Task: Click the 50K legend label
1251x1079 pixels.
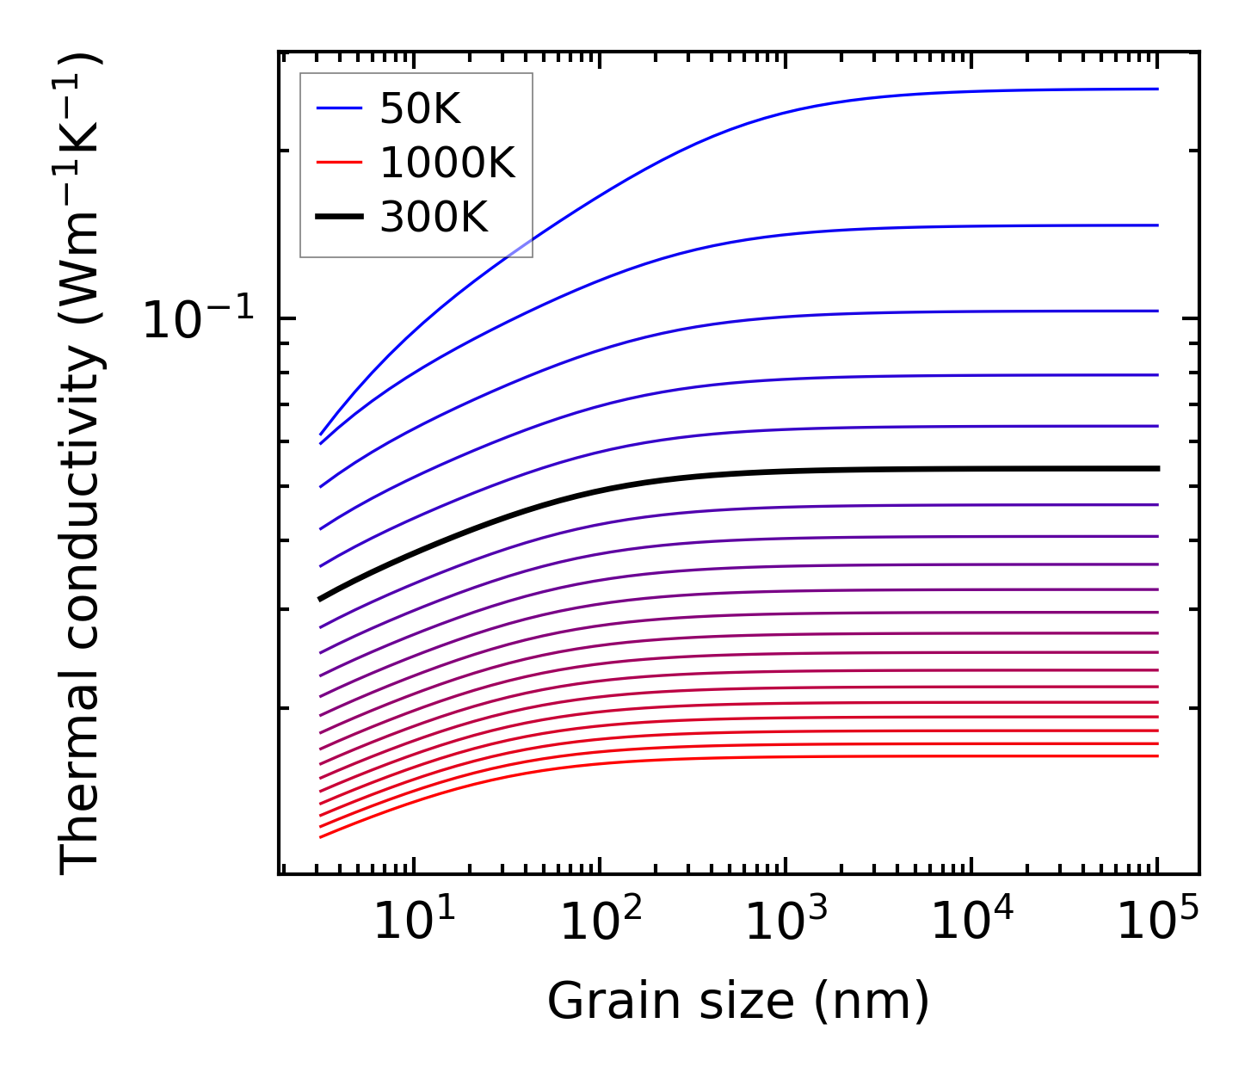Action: pyautogui.click(x=420, y=108)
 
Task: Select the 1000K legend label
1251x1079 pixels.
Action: pyautogui.click(x=447, y=163)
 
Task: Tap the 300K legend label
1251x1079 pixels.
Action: pyautogui.click(x=434, y=218)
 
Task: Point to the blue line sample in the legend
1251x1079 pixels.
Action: pyautogui.click(x=340, y=108)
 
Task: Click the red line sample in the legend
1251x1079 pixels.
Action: pyautogui.click(x=340, y=163)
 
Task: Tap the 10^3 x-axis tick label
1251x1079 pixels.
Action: pyautogui.click(x=786, y=922)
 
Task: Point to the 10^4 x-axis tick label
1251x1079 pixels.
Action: pyautogui.click(x=972, y=922)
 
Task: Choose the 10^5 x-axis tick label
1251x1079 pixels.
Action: pyautogui.click(x=1157, y=922)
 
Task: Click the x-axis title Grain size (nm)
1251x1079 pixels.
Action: pyautogui.click(x=738, y=1002)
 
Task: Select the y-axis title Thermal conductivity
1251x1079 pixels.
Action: pyautogui.click(x=82, y=465)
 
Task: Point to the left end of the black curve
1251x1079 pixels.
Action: pyautogui.click(x=321, y=598)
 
